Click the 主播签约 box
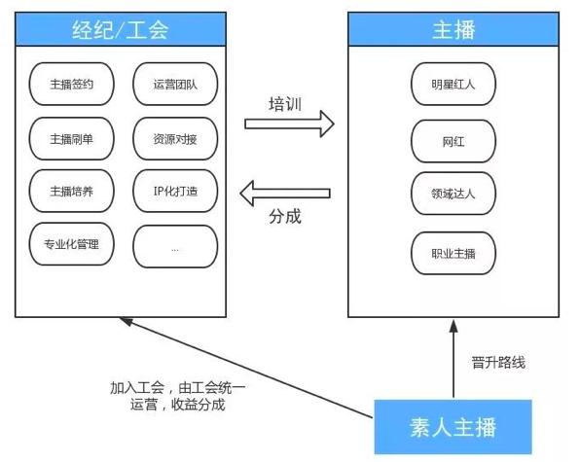tap(72, 84)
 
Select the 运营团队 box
tap(174, 84)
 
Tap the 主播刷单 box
tap(72, 138)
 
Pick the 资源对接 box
tap(174, 138)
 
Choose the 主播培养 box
tap(72, 191)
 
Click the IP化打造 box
tap(174, 191)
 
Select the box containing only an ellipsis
tap(174, 245)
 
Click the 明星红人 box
tap(453, 85)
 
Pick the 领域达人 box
tap(453, 193)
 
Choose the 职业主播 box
tap(453, 253)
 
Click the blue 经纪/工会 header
tap(121, 29)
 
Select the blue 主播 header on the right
tap(453, 29)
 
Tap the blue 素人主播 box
tap(453, 426)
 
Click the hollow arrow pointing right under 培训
tap(289, 124)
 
